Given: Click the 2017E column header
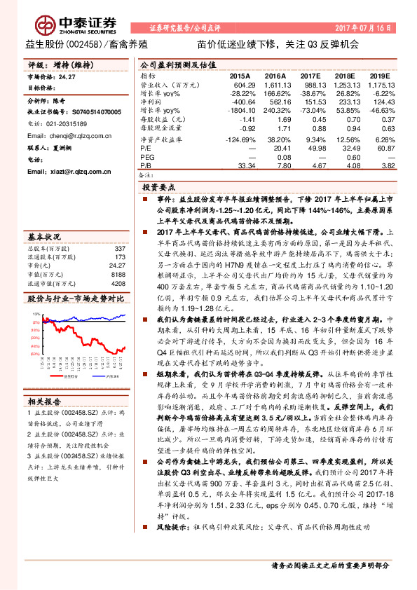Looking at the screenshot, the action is [308, 75].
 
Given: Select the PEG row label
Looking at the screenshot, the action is [146, 158].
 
